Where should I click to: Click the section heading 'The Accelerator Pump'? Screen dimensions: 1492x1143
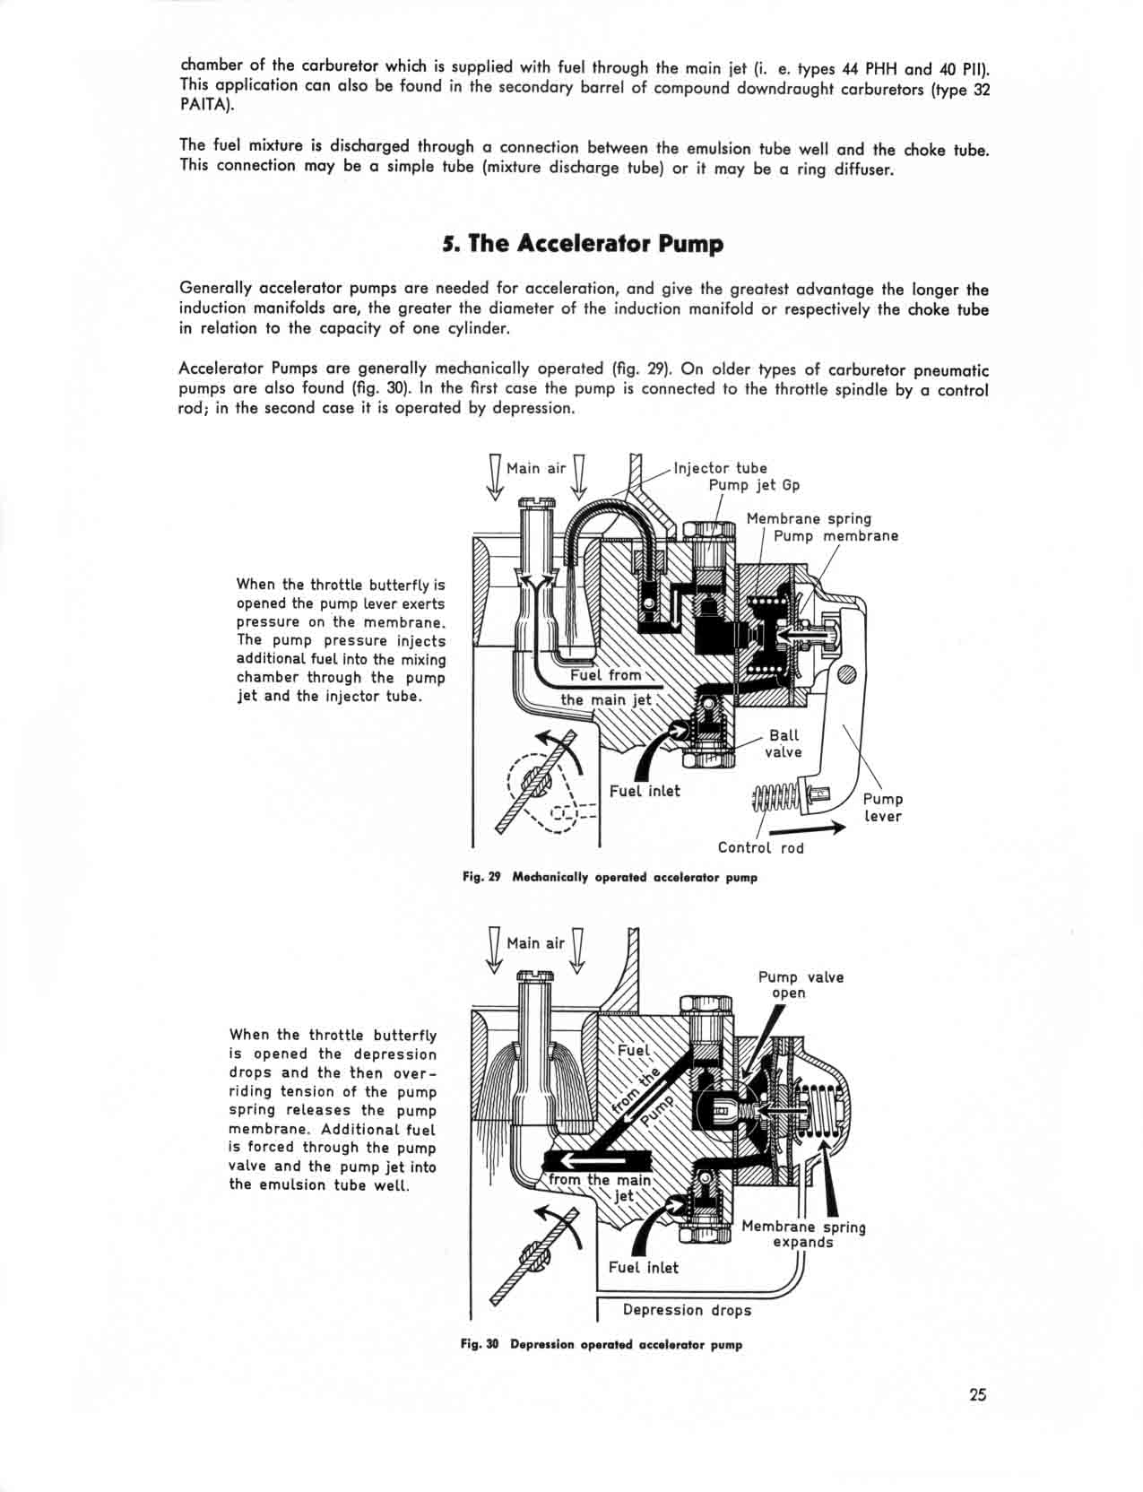pyautogui.click(x=583, y=244)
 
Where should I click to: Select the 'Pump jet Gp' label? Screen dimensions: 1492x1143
pyautogui.click(x=754, y=485)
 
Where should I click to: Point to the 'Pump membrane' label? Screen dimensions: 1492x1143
pyautogui.click(x=836, y=536)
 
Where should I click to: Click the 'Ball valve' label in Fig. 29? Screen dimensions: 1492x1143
pyautogui.click(x=783, y=743)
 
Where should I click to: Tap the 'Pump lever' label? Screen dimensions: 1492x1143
pyautogui.click(x=882, y=807)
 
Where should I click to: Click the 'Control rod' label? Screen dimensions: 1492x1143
pyautogui.click(x=760, y=848)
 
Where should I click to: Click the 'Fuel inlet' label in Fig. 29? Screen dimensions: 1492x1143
pyautogui.click(x=645, y=791)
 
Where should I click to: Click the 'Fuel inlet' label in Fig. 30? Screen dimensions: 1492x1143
pyautogui.click(x=643, y=1268)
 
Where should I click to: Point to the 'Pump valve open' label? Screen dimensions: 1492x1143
pyautogui.click(x=801, y=985)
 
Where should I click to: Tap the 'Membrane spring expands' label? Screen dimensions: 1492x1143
pyautogui.click(x=803, y=1235)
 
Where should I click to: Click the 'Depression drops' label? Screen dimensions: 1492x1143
pyautogui.click(x=687, y=1310)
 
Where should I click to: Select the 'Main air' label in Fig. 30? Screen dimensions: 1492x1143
pyautogui.click(x=535, y=943)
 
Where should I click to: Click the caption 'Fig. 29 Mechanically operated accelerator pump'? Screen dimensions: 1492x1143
pyautogui.click(x=610, y=878)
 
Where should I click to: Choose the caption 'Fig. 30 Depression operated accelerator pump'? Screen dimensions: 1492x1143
pyautogui.click(x=601, y=1345)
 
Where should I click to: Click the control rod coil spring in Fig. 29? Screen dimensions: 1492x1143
pyautogui.click(x=775, y=794)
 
